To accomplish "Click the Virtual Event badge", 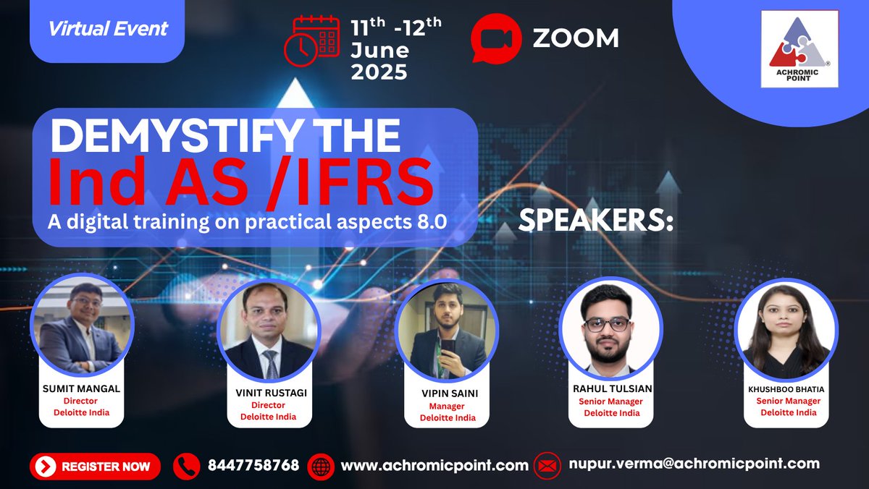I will pos(108,30).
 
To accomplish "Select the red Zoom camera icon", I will pos(496,38).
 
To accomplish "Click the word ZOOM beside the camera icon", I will pos(576,38).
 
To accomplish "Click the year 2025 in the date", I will pos(379,72).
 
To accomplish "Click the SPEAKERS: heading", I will pos(596,222).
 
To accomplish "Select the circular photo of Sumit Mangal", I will pos(82,328).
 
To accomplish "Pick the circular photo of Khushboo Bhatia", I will pos(786,330).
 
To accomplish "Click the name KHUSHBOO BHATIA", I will pos(786,389).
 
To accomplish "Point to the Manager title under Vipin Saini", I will pos(448,406).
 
